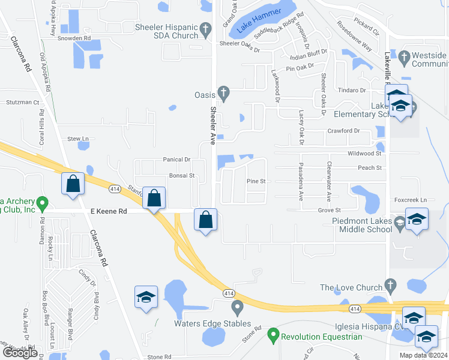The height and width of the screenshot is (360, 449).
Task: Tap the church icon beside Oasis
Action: click(223, 93)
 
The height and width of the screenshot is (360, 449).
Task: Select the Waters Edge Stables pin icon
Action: click(237, 308)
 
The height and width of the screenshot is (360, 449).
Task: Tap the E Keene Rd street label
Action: click(110, 211)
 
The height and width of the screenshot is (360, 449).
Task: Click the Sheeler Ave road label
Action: click(212, 125)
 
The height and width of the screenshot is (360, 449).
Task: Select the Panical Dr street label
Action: click(176, 160)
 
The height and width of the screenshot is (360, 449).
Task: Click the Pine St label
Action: click(256, 181)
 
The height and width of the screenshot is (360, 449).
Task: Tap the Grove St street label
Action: click(329, 211)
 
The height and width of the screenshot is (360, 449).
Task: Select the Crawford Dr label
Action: click(343, 130)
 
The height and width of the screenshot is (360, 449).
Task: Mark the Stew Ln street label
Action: click(77, 139)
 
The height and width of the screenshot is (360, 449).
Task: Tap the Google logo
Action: click(20, 353)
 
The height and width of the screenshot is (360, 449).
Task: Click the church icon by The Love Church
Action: click(390, 285)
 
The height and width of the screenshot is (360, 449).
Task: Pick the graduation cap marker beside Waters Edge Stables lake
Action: click(145, 298)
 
